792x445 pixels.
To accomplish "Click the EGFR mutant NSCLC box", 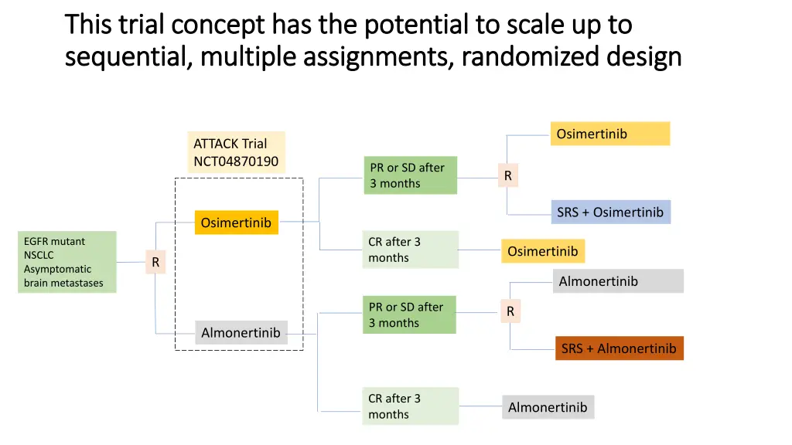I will pos(67,263).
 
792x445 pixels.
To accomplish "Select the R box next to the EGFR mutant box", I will pos(155,263).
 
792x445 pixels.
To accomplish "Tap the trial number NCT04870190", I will pos(236,161).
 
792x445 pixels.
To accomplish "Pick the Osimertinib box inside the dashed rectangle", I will pos(236,222).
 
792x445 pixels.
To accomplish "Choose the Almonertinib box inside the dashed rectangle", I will pos(241,333).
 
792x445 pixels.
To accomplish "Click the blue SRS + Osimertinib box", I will pos(610,212).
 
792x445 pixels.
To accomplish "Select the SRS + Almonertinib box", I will pos(619,348).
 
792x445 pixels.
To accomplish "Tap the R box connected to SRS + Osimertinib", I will pos(508,176).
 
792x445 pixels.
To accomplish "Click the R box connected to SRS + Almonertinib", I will pos(510,311).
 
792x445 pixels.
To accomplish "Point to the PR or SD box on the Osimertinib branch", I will pos(410,175).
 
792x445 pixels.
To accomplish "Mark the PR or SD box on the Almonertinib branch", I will pos(409,314).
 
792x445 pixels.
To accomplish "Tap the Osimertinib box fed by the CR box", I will pos(542,251).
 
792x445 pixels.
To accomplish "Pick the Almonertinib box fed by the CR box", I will pos(548,407).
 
